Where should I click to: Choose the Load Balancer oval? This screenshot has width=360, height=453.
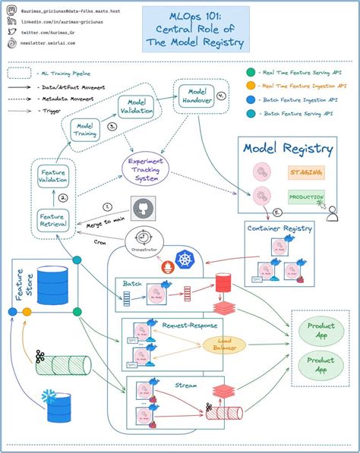[x=224, y=344]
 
